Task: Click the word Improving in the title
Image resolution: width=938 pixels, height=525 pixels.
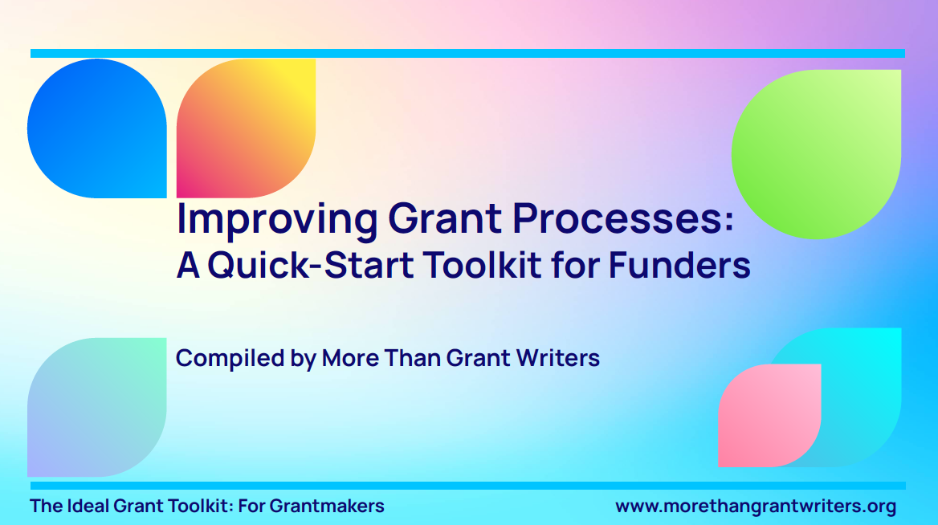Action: [277, 220]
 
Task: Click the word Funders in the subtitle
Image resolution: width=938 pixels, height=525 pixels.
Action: [679, 265]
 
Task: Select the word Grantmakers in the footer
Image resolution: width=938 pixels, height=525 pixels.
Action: [327, 506]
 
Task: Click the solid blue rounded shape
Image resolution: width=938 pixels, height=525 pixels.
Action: [97, 128]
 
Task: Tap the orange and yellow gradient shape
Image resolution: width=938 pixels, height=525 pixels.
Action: [246, 128]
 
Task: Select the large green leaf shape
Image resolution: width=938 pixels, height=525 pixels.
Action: [817, 154]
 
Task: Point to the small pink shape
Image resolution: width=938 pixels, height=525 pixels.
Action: [769, 416]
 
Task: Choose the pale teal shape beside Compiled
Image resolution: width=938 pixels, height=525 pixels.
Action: [97, 407]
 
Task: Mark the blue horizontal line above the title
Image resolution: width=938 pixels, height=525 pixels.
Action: [468, 53]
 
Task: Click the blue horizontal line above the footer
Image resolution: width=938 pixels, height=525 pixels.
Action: [468, 486]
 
